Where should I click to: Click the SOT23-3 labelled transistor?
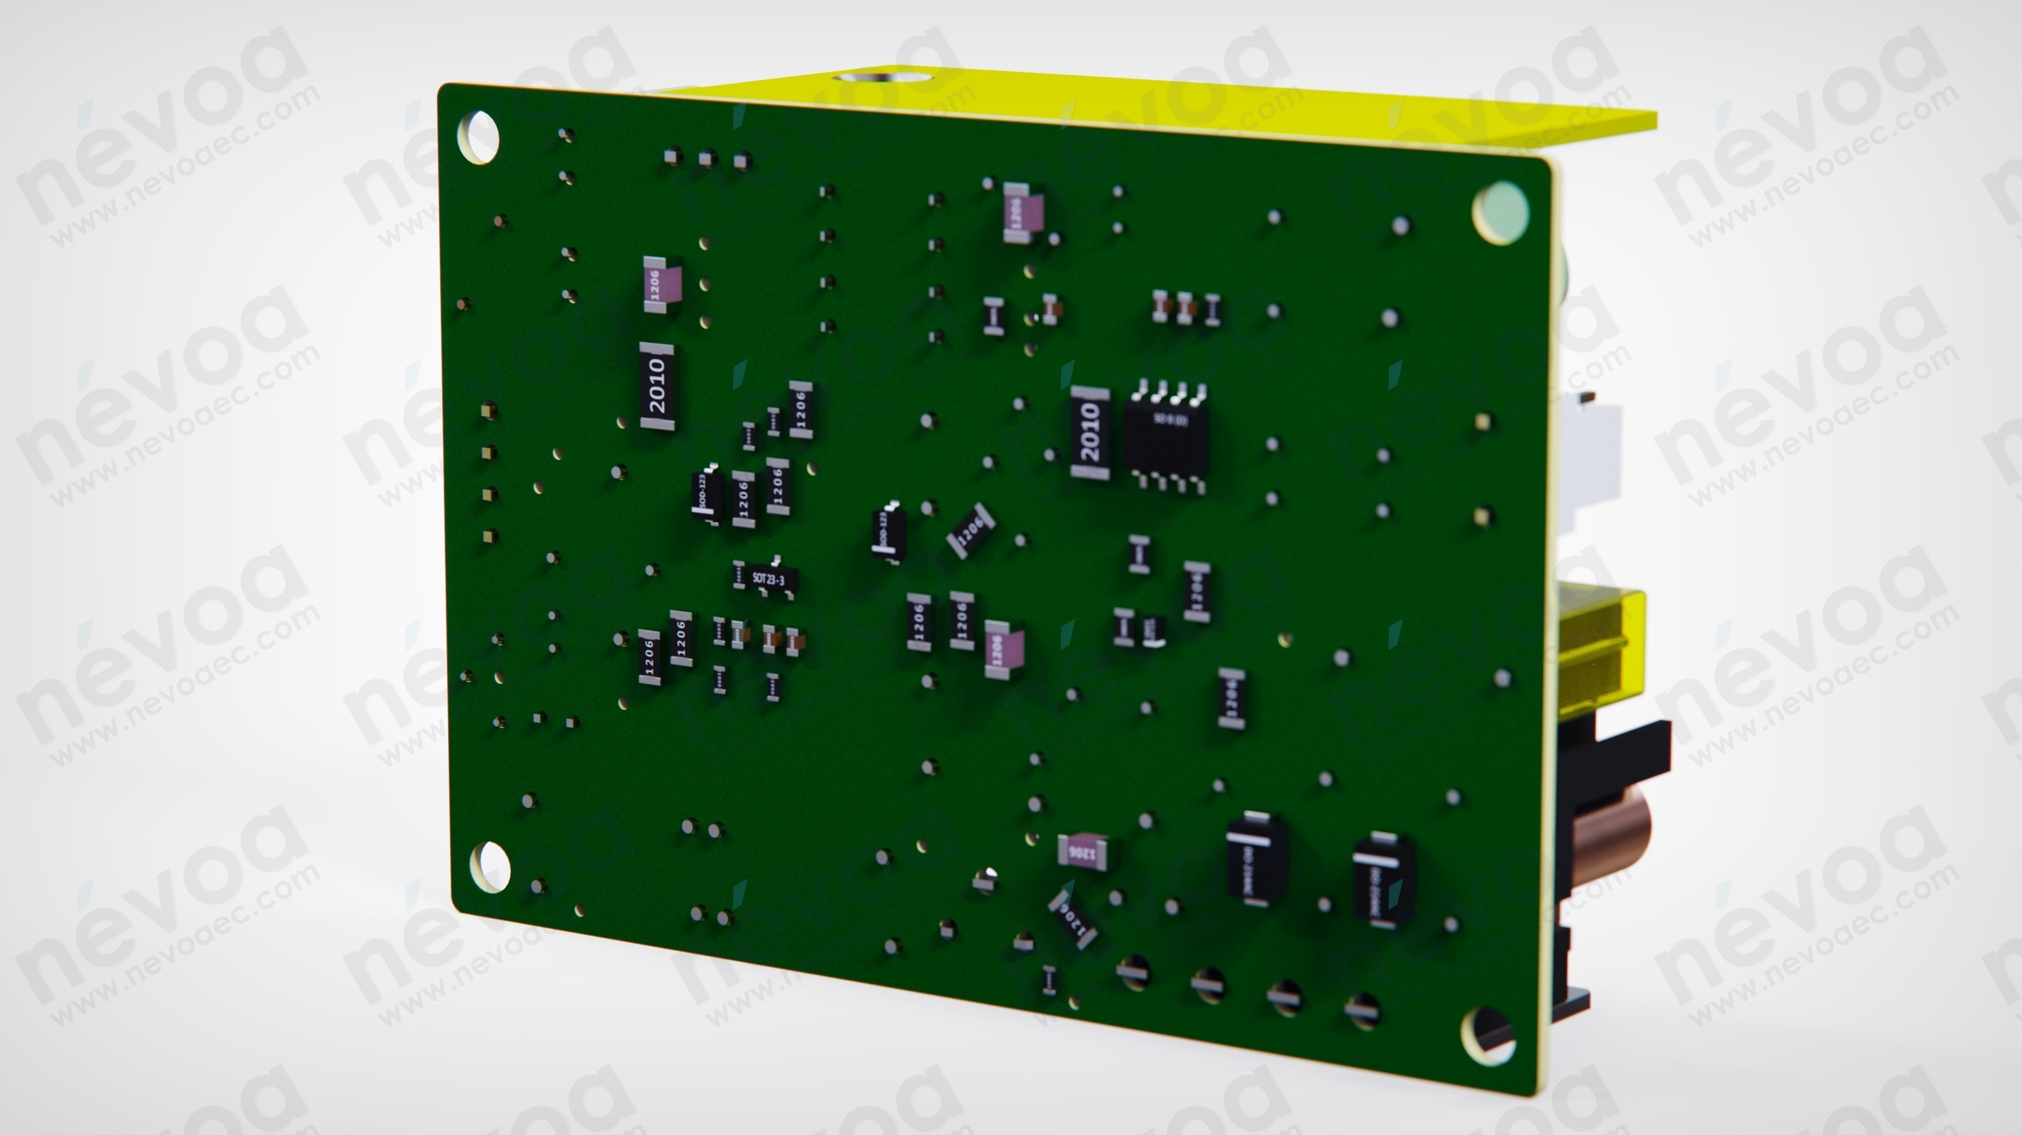tap(768, 579)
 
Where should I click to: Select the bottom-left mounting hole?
tap(489, 867)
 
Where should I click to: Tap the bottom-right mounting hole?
tap(1486, 1034)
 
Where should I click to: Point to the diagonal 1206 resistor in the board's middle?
tap(971, 531)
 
